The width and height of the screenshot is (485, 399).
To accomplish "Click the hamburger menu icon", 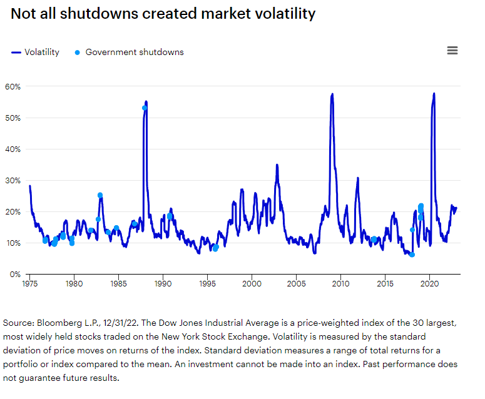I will point(452,51).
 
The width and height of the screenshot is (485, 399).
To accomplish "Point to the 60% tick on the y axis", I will point(13,86).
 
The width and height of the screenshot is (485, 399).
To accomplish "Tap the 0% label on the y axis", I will point(15,274).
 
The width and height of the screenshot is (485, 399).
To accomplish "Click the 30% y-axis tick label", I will point(13,180).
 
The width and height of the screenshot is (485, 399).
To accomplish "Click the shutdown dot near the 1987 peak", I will point(145,108).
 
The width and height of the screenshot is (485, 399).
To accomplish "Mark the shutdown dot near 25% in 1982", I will point(100,195).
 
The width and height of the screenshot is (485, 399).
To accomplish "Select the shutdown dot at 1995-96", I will point(215,248).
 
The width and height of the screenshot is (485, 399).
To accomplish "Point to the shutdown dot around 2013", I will point(374,240).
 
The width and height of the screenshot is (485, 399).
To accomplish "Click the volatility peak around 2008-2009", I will point(332,94).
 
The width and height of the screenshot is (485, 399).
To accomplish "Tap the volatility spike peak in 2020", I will point(434,94).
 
